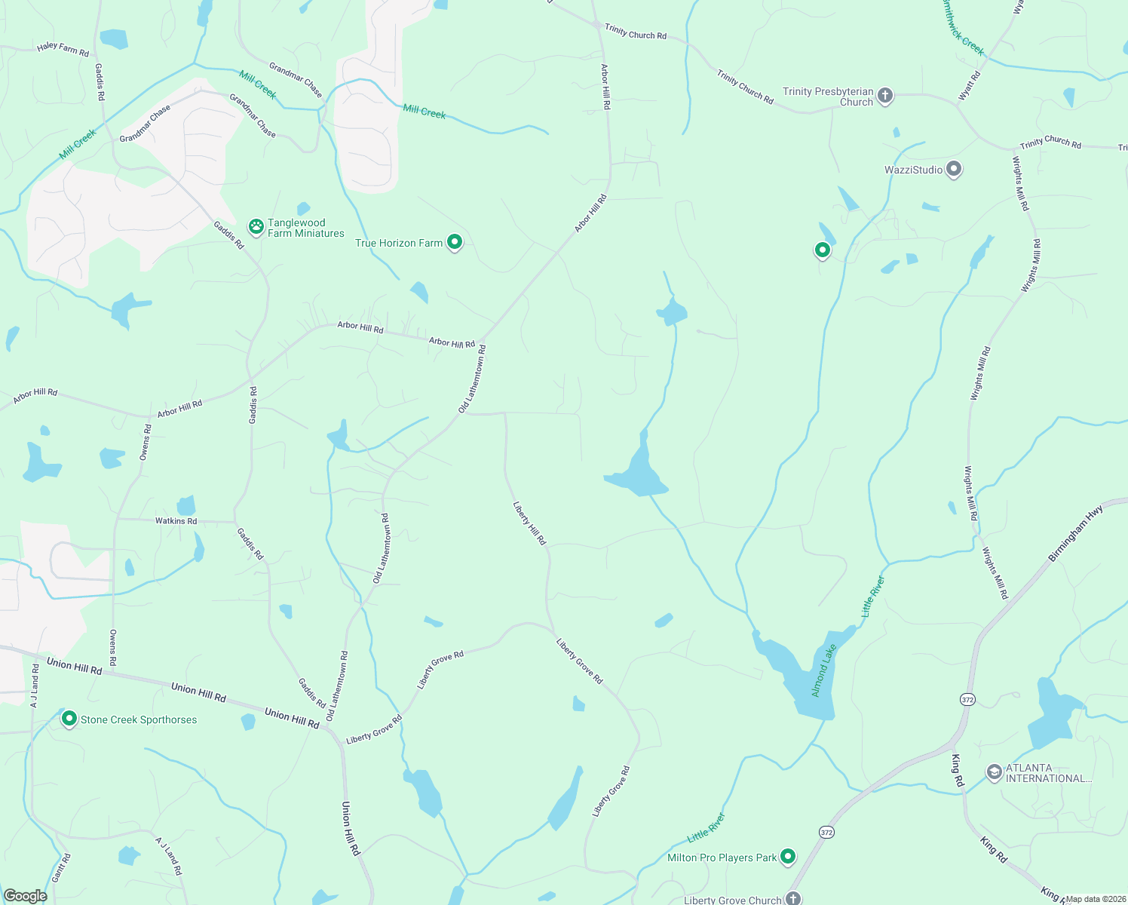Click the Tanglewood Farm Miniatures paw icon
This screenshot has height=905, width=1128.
click(x=256, y=225)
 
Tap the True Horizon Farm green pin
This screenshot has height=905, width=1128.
click(x=454, y=241)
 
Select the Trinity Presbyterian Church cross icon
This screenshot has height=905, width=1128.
click(x=886, y=96)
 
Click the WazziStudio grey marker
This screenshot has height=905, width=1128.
click(x=954, y=168)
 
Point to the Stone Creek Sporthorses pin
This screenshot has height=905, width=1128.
click(x=69, y=719)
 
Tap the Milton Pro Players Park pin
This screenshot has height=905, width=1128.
click(x=788, y=856)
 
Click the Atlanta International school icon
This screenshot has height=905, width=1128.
click(x=995, y=772)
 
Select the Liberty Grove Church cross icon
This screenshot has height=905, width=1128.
click(x=792, y=897)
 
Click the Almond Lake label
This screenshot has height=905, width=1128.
click(x=824, y=670)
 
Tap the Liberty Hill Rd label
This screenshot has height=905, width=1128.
click(x=529, y=523)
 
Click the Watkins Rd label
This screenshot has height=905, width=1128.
click(x=176, y=521)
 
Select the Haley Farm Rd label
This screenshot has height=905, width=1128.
click(x=63, y=49)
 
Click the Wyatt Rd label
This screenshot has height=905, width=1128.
click(x=970, y=85)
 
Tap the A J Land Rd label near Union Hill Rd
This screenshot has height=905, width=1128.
click(x=35, y=685)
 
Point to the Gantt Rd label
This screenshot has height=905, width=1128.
click(x=62, y=868)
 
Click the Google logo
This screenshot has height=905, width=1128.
click(x=25, y=896)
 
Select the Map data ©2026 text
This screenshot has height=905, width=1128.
click(x=1094, y=899)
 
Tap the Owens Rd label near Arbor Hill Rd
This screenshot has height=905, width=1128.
click(x=145, y=442)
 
